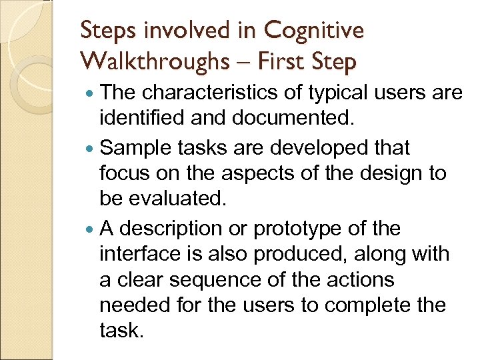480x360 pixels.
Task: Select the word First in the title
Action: (x=275, y=61)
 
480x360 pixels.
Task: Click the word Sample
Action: (x=134, y=147)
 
